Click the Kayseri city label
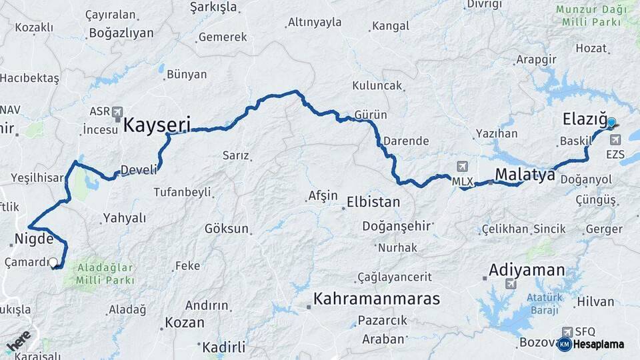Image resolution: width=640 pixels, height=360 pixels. [x=157, y=124]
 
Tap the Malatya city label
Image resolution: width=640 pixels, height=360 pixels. [x=525, y=175]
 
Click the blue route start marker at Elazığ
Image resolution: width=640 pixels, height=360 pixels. [x=611, y=122]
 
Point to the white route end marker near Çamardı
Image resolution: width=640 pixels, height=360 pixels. [x=53, y=263]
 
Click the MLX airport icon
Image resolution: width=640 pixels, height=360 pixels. [x=461, y=166]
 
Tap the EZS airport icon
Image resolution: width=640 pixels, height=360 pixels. [x=615, y=140]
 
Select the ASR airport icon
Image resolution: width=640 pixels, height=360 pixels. [x=117, y=111]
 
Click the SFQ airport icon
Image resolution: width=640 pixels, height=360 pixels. [x=567, y=331]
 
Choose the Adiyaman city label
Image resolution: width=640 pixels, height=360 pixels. [x=527, y=270]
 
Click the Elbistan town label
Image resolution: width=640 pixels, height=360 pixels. [x=373, y=201]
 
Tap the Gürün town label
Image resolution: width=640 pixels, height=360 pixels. [x=371, y=115]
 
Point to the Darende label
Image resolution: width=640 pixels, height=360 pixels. [x=405, y=141]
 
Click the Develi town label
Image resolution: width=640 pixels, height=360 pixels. [x=139, y=170]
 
